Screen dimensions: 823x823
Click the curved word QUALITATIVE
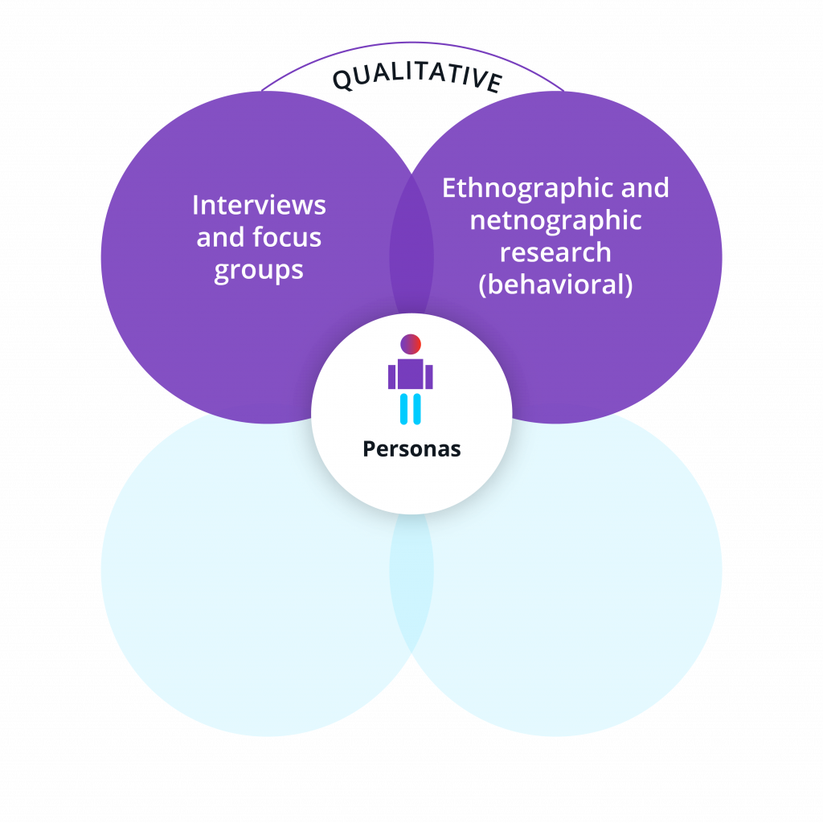point(417,79)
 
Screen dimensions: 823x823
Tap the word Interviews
point(259,205)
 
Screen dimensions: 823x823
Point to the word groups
point(259,270)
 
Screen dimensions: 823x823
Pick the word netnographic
point(555,220)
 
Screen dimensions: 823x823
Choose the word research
point(555,252)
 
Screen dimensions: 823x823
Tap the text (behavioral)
point(555,285)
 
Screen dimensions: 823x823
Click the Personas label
point(411,448)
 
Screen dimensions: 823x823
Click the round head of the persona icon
point(411,344)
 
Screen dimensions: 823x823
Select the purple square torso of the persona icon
point(411,375)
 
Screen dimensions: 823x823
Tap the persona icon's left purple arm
point(391,377)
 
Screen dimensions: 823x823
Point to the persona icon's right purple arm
point(430,377)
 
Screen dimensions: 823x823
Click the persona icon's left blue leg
point(404,408)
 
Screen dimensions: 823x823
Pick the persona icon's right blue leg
point(417,408)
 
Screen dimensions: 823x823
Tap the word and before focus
point(220,238)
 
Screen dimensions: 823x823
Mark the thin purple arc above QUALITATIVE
point(411,43)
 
